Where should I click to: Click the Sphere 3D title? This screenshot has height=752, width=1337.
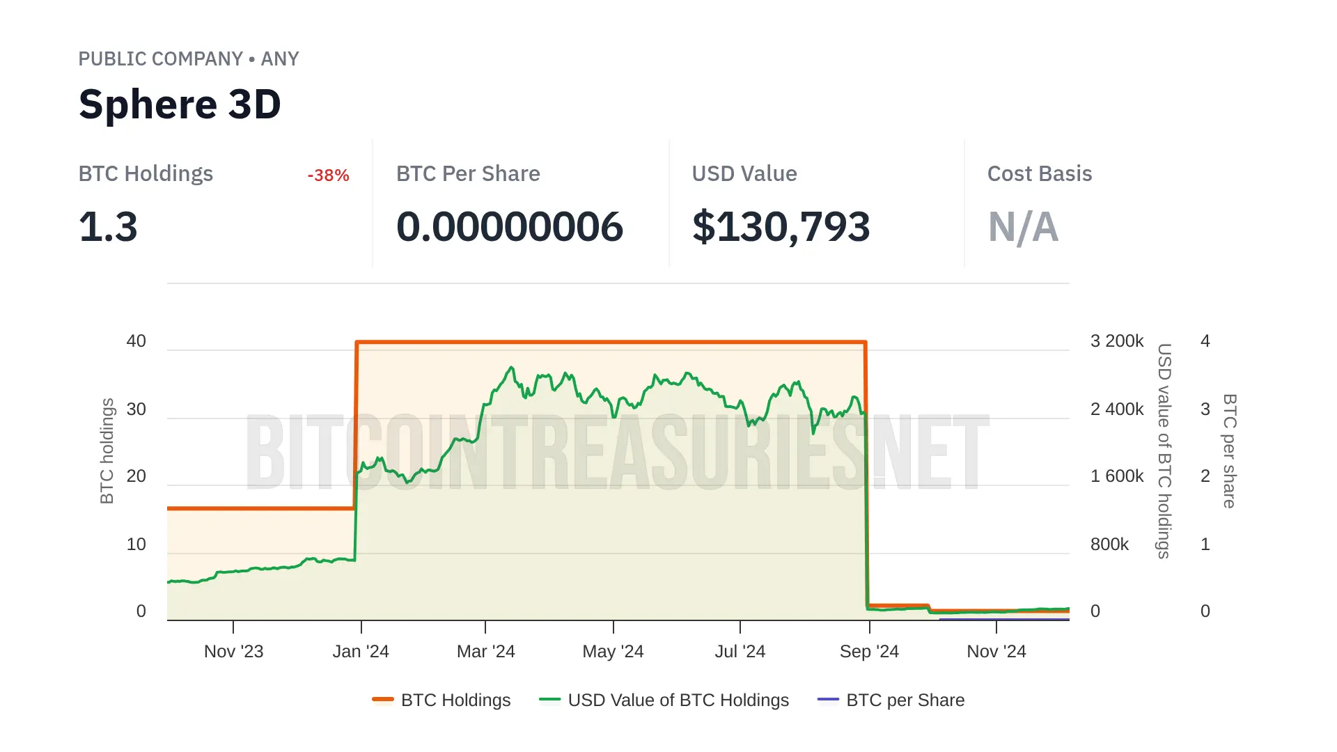coord(180,104)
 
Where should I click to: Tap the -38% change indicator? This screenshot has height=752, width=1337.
coord(328,175)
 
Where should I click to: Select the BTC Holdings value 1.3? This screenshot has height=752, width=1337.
coord(108,227)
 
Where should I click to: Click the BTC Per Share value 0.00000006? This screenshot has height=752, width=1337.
coord(509,227)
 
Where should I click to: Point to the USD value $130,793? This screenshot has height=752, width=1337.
coord(781,227)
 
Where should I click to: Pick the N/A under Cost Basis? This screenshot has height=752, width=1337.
coord(1023,227)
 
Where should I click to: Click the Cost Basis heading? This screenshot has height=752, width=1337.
coord(1039,174)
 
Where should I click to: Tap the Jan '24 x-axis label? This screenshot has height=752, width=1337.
coord(361,652)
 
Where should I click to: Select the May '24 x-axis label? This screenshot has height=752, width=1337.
coord(613,652)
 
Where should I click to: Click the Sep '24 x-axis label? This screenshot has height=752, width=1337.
coord(869,652)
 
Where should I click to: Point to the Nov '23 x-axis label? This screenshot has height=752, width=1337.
coord(233,652)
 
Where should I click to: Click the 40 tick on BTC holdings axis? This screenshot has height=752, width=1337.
coord(136,341)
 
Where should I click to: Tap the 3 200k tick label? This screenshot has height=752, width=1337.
coord(1117,341)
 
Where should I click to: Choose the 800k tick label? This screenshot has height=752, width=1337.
coord(1109,545)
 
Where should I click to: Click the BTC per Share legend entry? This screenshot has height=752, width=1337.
coord(891,700)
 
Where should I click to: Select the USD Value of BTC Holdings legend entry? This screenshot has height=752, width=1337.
coord(664,700)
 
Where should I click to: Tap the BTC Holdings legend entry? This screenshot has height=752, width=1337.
coord(441,700)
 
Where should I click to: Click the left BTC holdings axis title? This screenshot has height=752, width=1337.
coord(107,451)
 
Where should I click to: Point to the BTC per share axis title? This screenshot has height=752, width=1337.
coord(1230,451)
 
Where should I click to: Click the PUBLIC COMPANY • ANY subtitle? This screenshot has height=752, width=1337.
coord(189,59)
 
